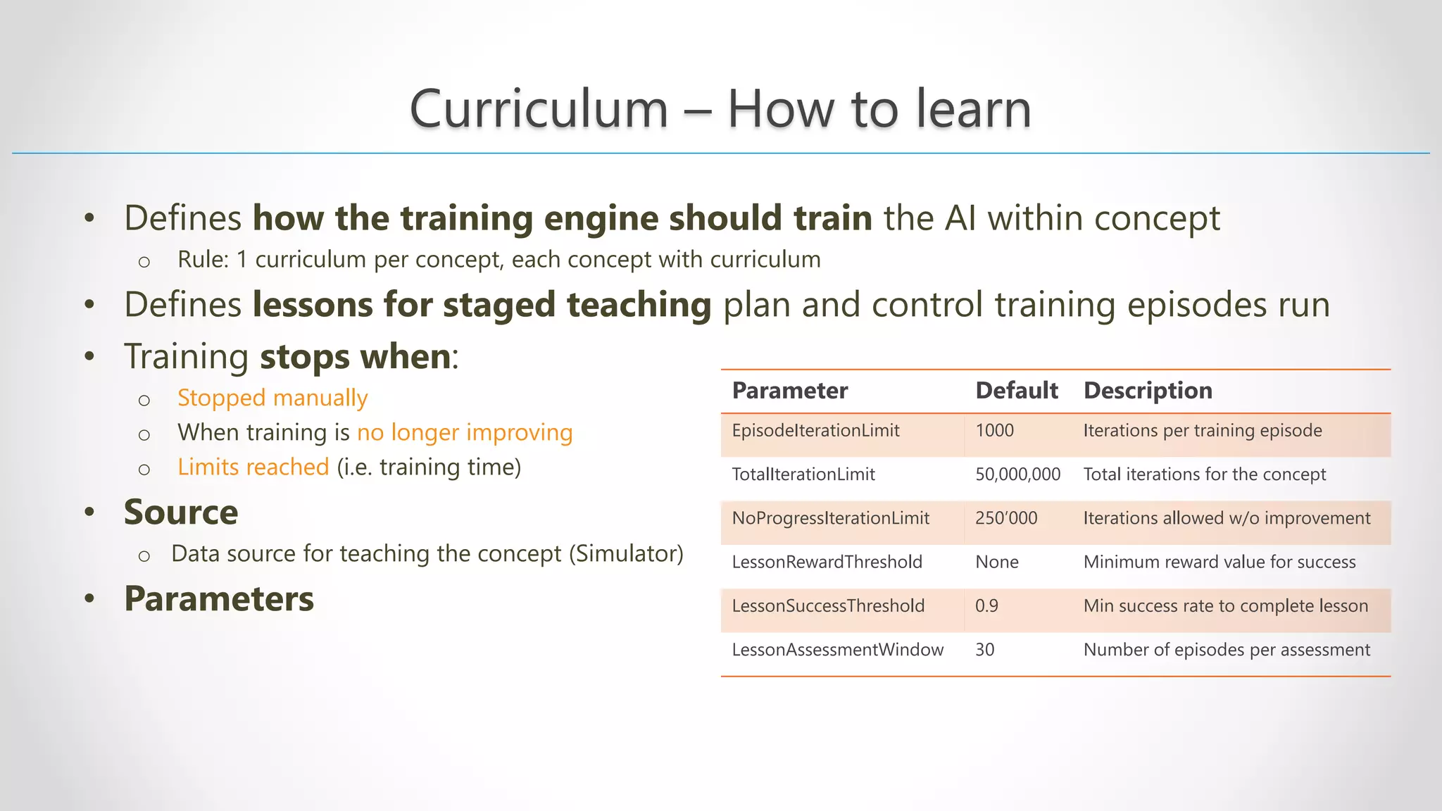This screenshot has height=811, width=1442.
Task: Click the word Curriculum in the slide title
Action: point(539,110)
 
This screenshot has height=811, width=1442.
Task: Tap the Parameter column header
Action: point(789,391)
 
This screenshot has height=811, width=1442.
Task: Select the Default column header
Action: point(1016,391)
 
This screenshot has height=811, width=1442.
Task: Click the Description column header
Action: point(1148,391)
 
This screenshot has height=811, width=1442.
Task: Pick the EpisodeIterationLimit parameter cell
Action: point(815,431)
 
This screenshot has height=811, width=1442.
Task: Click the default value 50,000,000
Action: point(1017,474)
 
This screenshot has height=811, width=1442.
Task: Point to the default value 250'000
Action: point(1006,518)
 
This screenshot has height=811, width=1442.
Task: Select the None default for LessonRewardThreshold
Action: point(997,562)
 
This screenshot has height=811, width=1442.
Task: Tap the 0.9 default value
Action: point(986,605)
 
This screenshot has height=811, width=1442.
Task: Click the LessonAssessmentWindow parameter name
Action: point(837,650)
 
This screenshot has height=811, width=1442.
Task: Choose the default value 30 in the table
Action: point(984,650)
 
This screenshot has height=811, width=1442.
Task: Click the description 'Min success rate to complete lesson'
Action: point(1225,605)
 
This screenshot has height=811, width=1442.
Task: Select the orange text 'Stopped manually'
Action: point(272,398)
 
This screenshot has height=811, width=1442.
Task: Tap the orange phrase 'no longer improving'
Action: point(465,432)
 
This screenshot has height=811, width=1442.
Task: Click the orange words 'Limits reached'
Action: point(253,467)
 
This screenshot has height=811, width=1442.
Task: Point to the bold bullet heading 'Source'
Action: point(181,512)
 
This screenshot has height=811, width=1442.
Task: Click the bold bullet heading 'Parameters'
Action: point(219,599)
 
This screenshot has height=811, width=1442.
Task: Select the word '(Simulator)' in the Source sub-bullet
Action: point(626,554)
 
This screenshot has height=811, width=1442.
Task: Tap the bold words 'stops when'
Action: point(356,357)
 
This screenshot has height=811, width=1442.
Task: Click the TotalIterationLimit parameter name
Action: point(803,474)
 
